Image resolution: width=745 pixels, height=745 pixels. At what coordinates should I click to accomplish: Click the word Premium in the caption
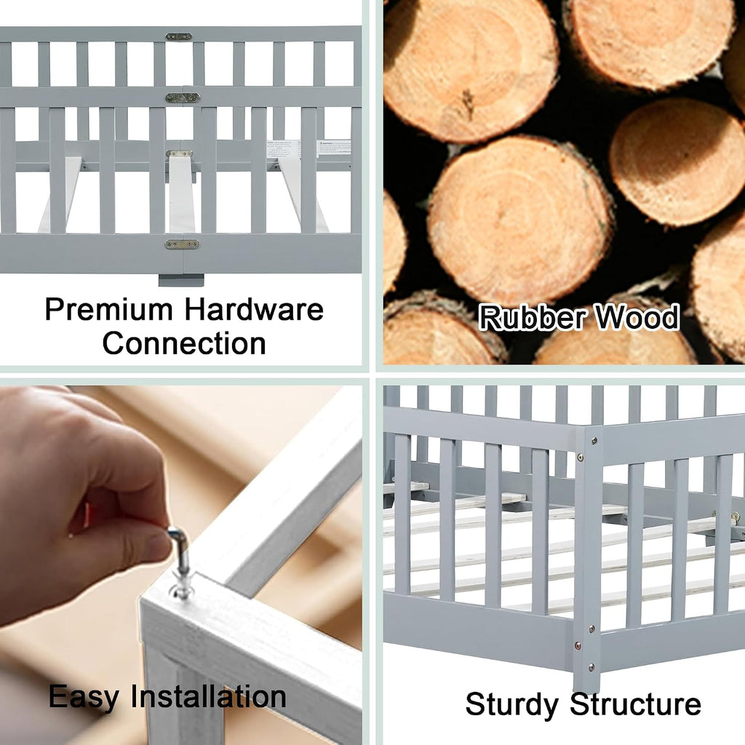108,311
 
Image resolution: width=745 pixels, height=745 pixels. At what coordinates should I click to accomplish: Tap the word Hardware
254,309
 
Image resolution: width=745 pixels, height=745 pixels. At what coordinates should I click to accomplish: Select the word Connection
184,343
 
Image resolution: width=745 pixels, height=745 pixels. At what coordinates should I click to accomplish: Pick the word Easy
84,698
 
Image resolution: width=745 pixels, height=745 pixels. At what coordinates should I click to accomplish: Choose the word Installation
209,696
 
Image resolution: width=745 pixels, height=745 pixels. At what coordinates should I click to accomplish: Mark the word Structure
635,704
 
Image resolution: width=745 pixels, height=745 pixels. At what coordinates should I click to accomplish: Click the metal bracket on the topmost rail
179,36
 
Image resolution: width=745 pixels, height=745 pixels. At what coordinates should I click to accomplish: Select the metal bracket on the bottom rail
181,244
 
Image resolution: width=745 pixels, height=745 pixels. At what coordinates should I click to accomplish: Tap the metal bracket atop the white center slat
179,154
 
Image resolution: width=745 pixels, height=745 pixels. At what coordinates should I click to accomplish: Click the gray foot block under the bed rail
181,280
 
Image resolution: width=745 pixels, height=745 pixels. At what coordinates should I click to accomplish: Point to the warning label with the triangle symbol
335,148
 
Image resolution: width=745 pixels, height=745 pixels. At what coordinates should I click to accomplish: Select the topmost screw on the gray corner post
594,441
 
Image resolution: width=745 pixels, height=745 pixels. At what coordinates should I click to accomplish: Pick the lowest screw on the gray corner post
591,668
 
